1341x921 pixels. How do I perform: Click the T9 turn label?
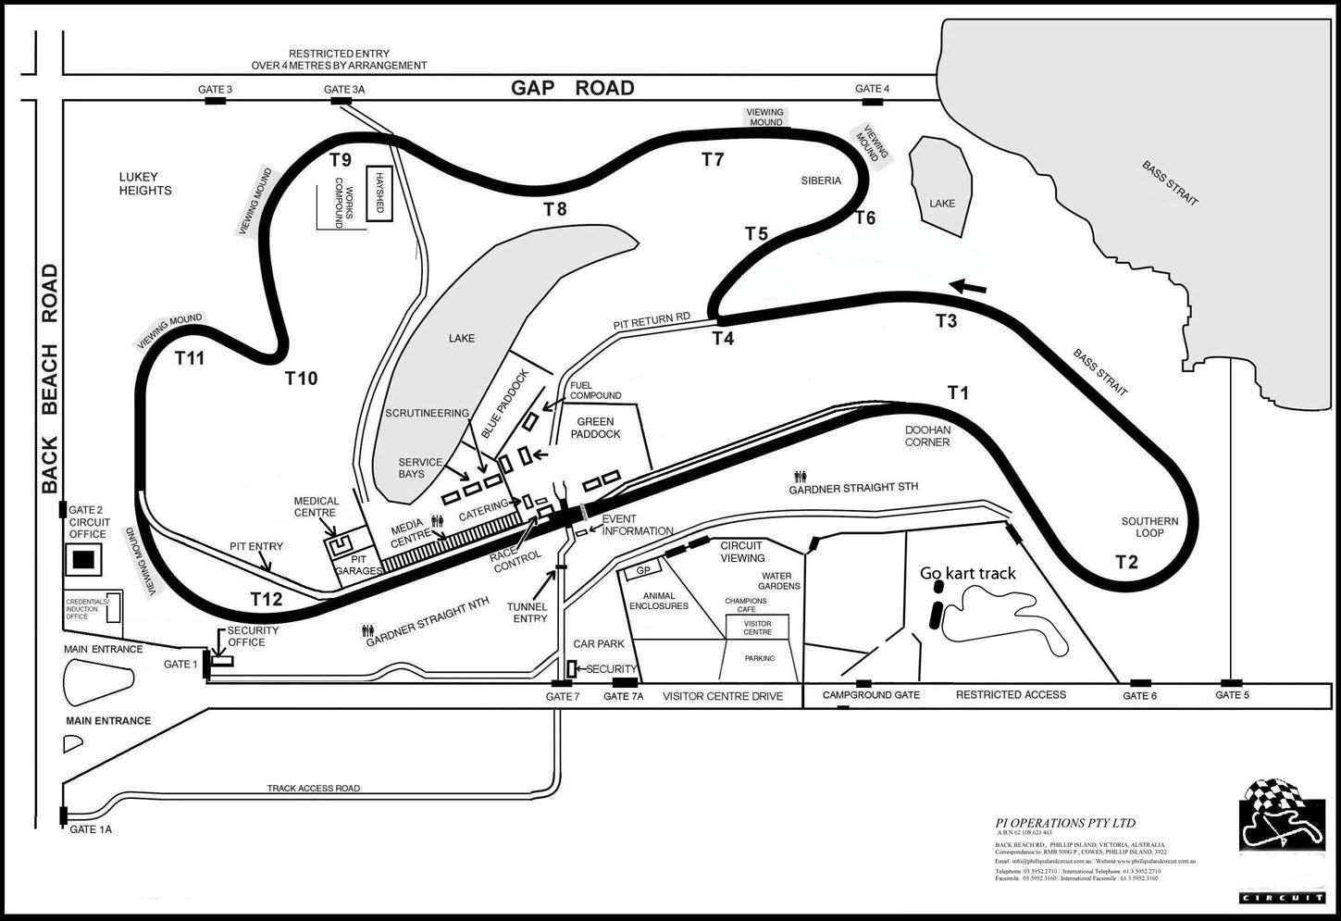tap(341, 159)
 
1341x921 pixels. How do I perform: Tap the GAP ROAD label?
tap(573, 88)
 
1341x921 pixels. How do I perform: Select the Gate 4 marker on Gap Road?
tap(873, 99)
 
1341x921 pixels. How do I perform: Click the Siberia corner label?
tap(821, 180)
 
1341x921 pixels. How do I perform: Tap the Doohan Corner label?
tap(927, 436)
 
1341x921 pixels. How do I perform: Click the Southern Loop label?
tap(1149, 527)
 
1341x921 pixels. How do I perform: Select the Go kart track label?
tap(967, 574)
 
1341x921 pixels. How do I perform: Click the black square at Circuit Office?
tap(84, 559)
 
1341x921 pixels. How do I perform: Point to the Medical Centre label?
tap(317, 506)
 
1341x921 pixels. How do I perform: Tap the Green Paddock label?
tap(598, 428)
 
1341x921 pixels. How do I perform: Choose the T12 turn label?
tap(266, 599)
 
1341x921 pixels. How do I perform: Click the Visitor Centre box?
tap(757, 627)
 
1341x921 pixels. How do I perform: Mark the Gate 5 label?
tap(1233, 695)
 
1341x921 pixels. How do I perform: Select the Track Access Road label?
tap(313, 789)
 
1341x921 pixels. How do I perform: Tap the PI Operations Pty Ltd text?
tap(1064, 823)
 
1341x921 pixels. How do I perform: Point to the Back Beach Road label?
tap(49, 379)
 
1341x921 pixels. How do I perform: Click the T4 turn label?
tap(723, 339)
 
